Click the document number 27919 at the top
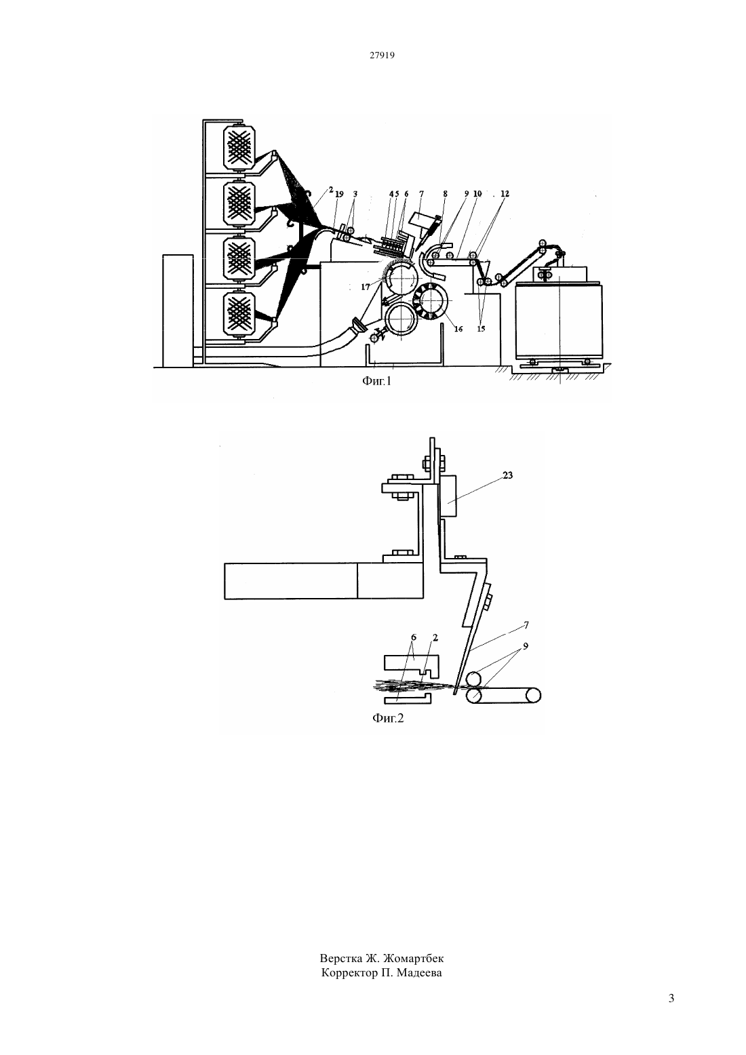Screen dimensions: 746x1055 [382, 55]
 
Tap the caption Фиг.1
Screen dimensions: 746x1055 [377, 380]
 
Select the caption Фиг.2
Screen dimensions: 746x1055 [388, 718]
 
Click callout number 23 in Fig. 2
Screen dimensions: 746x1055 [507, 475]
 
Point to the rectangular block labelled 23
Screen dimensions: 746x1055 [448, 496]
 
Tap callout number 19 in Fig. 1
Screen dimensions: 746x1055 [339, 193]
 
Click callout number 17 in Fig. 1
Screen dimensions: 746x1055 [366, 286]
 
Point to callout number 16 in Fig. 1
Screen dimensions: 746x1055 [458, 330]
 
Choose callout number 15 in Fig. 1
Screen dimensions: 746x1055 [481, 330]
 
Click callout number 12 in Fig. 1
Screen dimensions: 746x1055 [505, 193]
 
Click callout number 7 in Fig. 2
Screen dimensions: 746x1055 [526, 625]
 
